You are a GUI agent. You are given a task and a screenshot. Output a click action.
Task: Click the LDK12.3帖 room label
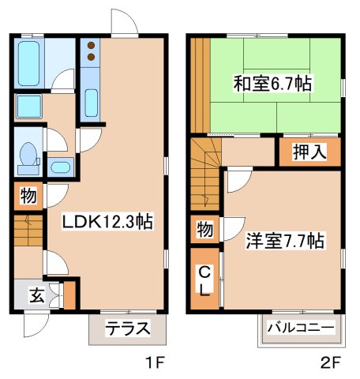click(107, 223)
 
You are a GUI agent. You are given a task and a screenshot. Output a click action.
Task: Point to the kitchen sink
click(90, 103)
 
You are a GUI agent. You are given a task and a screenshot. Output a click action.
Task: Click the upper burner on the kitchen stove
click(90, 44)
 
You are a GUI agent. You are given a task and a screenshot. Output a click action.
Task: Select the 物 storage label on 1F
click(26, 194)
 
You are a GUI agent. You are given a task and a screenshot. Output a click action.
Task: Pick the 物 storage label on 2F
click(204, 230)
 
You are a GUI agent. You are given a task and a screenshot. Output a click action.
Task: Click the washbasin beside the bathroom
click(29, 106)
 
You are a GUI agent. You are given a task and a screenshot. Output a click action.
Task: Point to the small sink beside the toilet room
click(60, 167)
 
